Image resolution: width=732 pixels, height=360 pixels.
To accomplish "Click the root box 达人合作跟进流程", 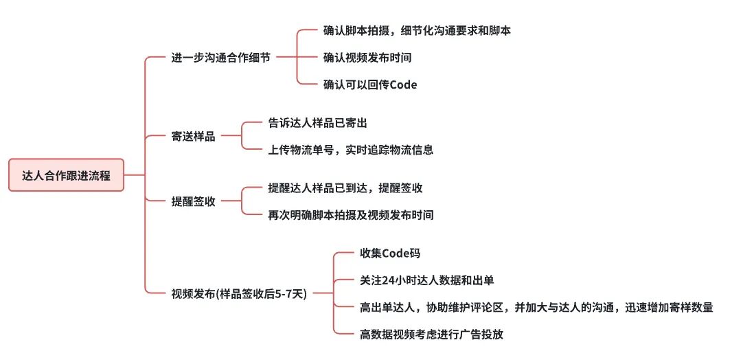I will [x=66, y=175].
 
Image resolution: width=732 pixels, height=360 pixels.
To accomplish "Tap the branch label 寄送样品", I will [x=193, y=136].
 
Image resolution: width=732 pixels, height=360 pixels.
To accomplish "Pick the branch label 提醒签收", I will [x=193, y=201].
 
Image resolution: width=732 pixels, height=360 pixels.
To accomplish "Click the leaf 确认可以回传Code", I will [x=369, y=85].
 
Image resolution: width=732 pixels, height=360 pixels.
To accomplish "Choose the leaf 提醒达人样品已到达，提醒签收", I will [x=345, y=188].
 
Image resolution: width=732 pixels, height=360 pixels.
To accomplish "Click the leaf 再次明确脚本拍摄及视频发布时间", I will [x=350, y=215].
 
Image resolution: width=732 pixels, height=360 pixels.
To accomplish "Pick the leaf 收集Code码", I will [x=389, y=254].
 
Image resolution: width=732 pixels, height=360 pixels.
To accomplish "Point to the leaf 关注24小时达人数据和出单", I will [x=426, y=280].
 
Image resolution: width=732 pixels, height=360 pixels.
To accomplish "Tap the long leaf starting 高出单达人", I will [x=536, y=307].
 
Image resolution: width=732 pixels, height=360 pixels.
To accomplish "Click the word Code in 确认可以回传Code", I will [x=402, y=85].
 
